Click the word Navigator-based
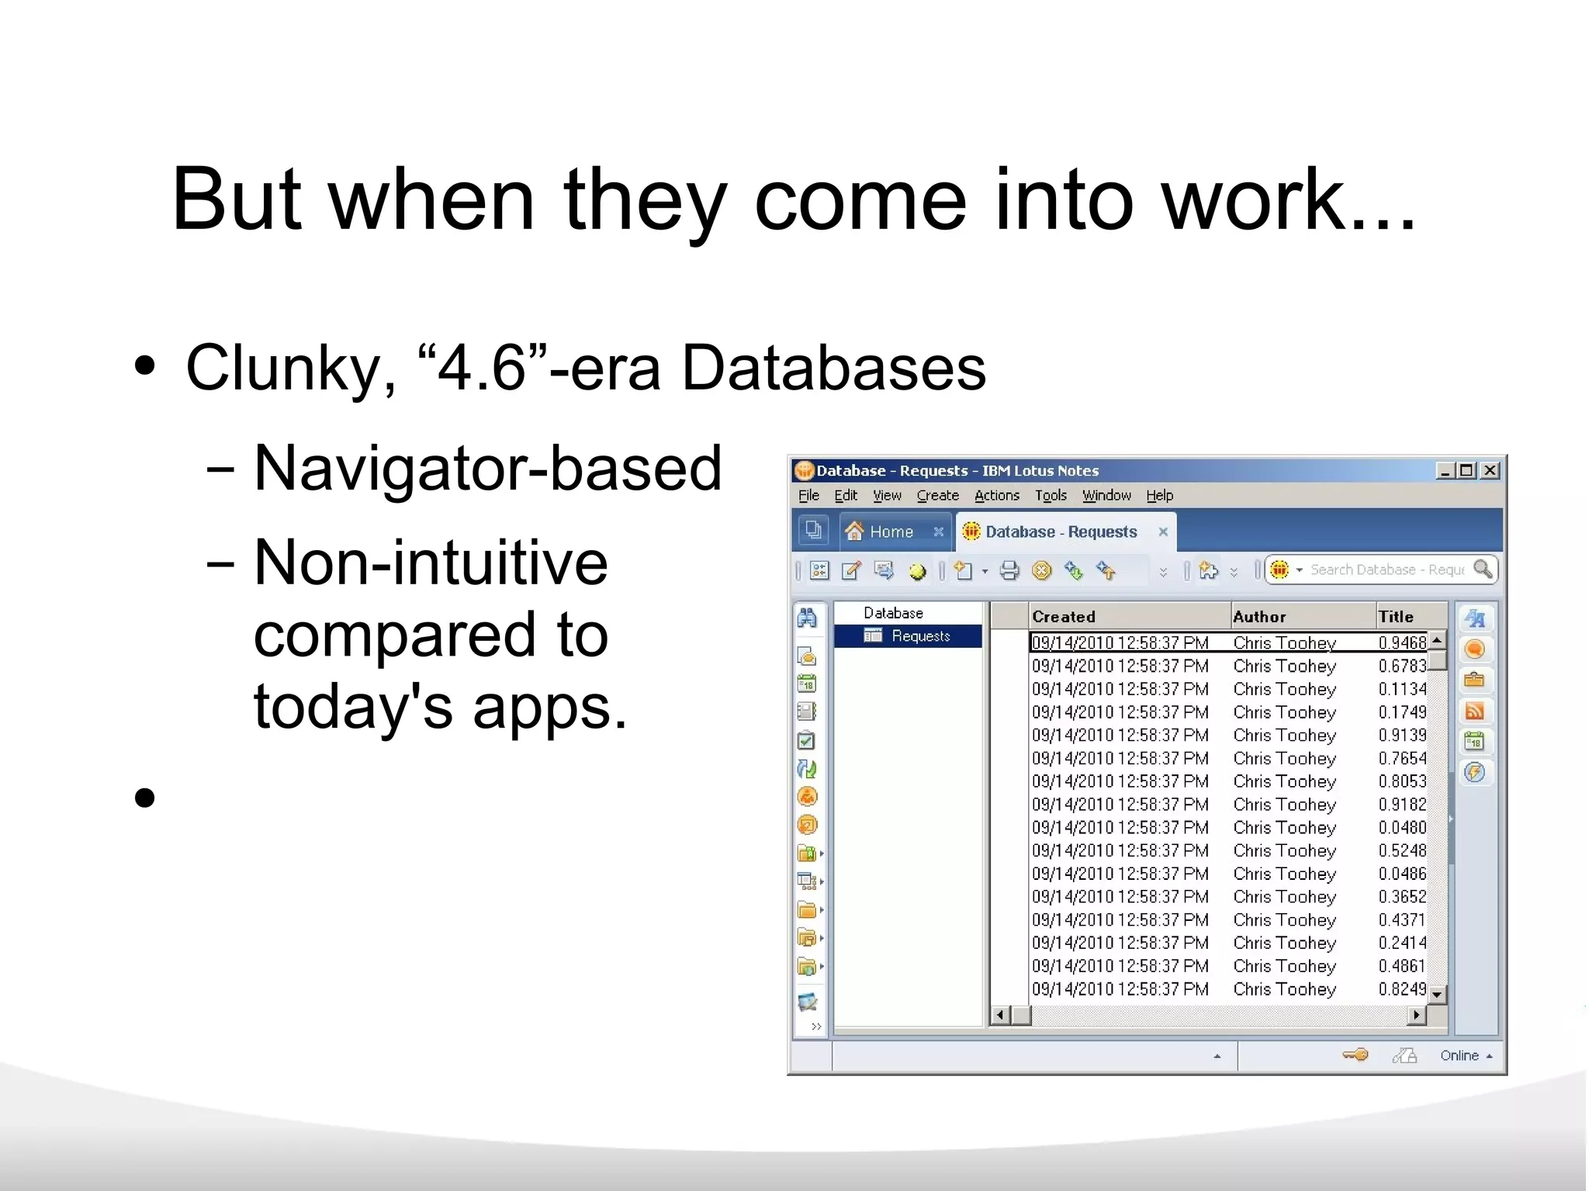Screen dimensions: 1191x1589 pyautogui.click(x=487, y=468)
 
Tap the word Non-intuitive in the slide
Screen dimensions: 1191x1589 pyautogui.click(x=431, y=563)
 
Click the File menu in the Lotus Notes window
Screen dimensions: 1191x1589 pyautogui.click(x=808, y=495)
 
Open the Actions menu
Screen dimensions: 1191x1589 pyautogui.click(x=996, y=495)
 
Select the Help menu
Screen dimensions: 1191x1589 pyautogui.click(x=1159, y=495)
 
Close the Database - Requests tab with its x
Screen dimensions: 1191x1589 pyautogui.click(x=1163, y=531)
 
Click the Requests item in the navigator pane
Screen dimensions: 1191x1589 pyautogui.click(x=920, y=636)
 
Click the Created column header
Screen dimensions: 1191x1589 pyautogui.click(x=1064, y=617)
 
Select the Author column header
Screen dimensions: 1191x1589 pyautogui.click(x=1259, y=617)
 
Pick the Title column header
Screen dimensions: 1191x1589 pyautogui.click(x=1396, y=617)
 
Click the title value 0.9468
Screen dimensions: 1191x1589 pyautogui.click(x=1402, y=642)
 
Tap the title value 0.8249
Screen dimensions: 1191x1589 pyautogui.click(x=1402, y=989)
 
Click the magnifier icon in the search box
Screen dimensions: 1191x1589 pyautogui.click(x=1483, y=569)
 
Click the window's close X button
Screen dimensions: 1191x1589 pyautogui.click(x=1490, y=470)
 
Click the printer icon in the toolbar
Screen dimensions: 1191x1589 pyautogui.click(x=1009, y=571)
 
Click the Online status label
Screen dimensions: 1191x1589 pyautogui.click(x=1459, y=1055)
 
